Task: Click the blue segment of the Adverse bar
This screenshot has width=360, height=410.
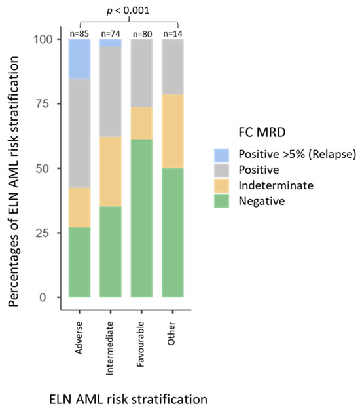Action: click(80, 59)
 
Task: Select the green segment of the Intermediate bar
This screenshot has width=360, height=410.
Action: click(111, 252)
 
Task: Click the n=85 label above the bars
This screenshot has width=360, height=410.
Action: click(80, 33)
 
